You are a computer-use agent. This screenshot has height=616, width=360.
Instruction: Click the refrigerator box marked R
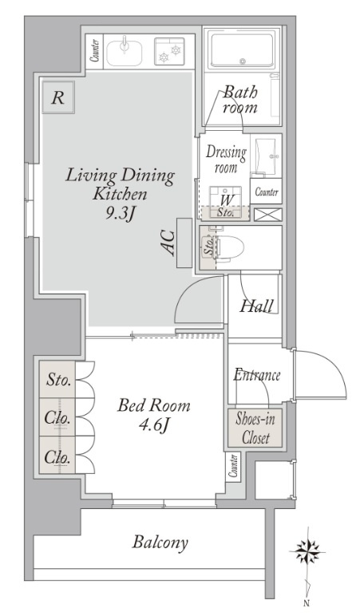click(x=58, y=97)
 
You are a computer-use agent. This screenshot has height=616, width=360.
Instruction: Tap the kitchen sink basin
click(x=125, y=52)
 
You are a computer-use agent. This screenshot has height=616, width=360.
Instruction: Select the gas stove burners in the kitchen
click(x=169, y=51)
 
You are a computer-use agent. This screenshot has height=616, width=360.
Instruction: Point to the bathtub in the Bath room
click(x=242, y=51)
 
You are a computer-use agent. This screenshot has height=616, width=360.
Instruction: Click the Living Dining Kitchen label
click(x=120, y=184)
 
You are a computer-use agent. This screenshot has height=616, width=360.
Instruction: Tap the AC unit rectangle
click(x=184, y=243)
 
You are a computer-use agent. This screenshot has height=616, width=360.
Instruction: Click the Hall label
click(x=256, y=306)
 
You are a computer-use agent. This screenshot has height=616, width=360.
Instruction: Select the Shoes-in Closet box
click(x=255, y=428)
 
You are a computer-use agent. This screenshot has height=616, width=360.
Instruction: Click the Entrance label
click(x=257, y=375)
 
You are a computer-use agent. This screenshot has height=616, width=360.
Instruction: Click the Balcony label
click(x=160, y=543)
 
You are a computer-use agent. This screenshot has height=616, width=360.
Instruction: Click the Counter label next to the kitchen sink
click(x=94, y=51)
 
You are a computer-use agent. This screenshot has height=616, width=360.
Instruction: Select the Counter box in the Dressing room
click(x=266, y=192)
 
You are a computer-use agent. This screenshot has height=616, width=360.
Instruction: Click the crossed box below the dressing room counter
click(x=268, y=215)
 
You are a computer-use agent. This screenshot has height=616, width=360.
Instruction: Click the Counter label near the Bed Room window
click(x=233, y=466)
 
